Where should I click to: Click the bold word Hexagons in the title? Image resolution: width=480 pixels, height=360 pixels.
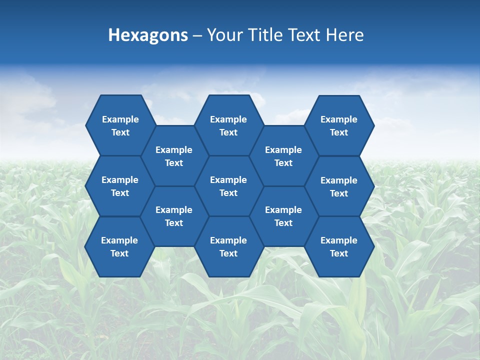148,35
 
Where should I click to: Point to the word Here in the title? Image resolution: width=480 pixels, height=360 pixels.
344,35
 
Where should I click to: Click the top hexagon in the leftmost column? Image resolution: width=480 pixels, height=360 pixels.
120,125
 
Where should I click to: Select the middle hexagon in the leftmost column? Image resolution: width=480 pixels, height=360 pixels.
120,186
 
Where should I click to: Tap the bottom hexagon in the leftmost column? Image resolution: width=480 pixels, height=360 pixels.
119,246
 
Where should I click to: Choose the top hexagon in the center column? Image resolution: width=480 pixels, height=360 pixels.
228,125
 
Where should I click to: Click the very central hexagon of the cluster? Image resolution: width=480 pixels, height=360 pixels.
228,186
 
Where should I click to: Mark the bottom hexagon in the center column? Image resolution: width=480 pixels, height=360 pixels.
228,246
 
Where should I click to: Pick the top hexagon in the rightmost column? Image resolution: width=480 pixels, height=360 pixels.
339,125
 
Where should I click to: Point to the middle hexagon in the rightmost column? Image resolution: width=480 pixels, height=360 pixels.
339,186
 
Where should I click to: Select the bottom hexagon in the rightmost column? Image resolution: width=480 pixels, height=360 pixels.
339,246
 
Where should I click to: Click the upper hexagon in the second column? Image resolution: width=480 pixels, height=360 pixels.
174,156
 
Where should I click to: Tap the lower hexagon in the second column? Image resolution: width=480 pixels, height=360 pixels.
174,216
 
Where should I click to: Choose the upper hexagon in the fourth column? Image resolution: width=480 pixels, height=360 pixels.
283,156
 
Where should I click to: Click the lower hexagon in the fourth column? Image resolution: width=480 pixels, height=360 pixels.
283,216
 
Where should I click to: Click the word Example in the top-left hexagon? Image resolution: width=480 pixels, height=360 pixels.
120,119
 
